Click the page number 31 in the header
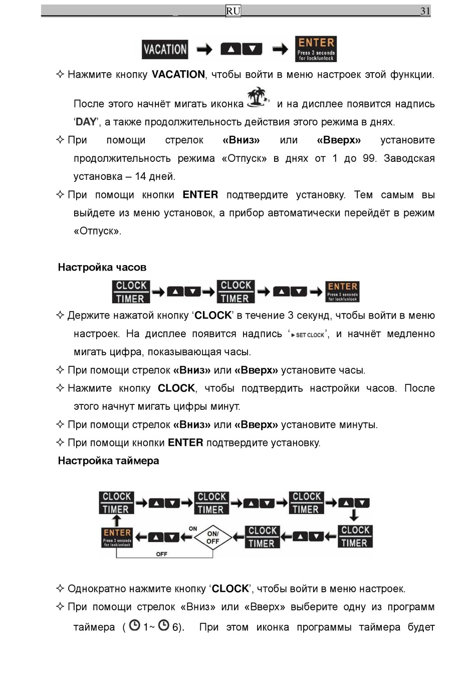425,11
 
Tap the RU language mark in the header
233,11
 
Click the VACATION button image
165,49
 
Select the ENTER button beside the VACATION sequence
316,49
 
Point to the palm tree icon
257,97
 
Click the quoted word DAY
86,122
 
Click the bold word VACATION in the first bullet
178,75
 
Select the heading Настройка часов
102,267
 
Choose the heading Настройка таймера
108,460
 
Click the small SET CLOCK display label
308,335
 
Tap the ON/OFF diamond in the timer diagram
213,538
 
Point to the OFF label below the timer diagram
161,554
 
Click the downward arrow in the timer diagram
354,515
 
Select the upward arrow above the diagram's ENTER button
116,520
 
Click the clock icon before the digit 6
164,625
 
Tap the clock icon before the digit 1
134,625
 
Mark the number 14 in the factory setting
140,176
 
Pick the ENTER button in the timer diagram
117,537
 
